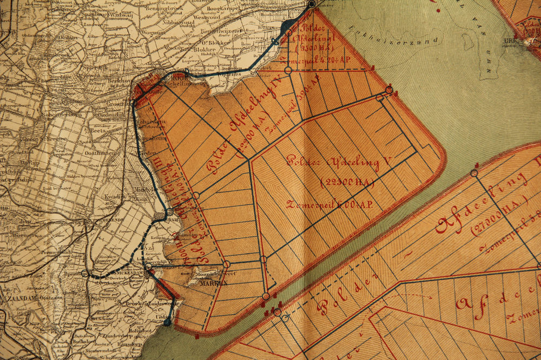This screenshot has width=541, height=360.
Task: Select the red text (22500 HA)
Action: click(x=347, y=183)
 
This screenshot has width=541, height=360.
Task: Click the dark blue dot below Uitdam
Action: click(x=167, y=322)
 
